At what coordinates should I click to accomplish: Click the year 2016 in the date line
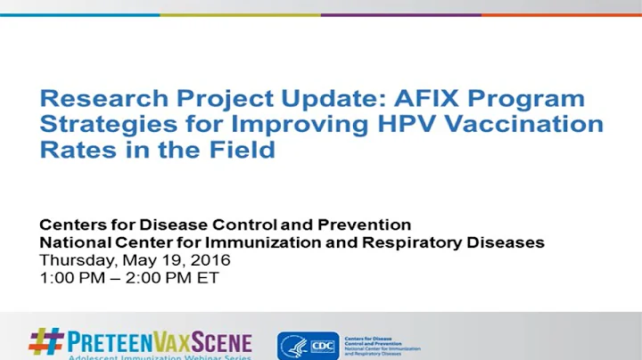point(210,260)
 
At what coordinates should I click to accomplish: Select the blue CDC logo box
point(320,345)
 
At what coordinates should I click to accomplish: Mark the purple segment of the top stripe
point(400,14)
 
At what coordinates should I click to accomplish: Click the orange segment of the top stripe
point(561,14)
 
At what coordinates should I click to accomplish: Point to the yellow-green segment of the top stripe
point(240,14)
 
